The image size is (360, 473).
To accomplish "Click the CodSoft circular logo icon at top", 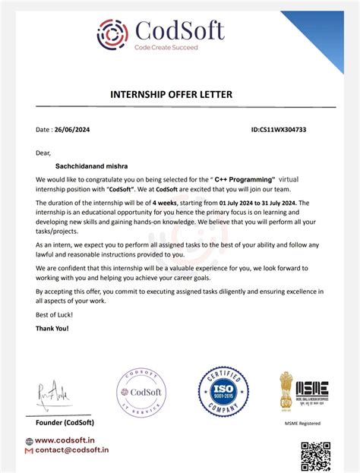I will tap(112, 33).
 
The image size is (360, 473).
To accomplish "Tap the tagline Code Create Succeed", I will tap(166, 47).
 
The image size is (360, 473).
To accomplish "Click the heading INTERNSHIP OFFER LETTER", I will tap(171, 95).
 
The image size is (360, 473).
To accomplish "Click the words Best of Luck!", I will tap(52, 314).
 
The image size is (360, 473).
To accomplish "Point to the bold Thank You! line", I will tap(52, 328).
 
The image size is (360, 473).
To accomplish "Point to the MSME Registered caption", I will tap(302, 424).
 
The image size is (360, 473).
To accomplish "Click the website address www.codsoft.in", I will tap(65, 440).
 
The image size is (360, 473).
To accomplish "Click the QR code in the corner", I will tap(315, 456).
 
